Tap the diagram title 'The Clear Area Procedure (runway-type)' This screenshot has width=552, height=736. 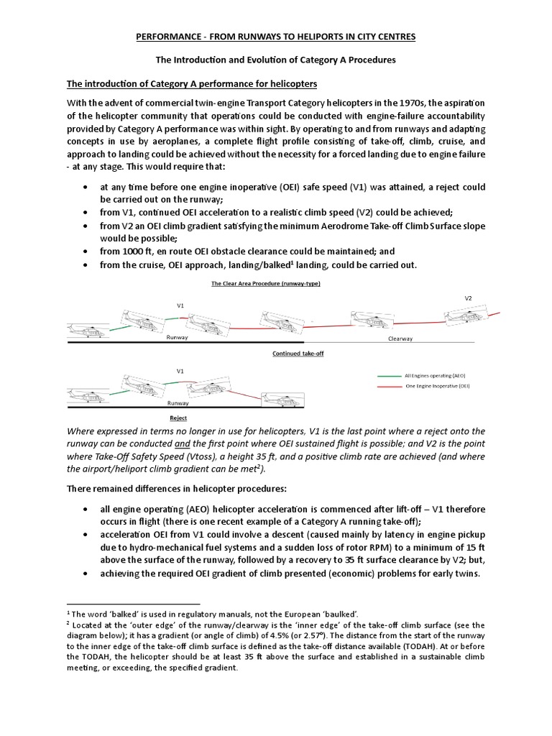click(265, 283)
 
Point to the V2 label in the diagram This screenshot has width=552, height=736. click(468, 297)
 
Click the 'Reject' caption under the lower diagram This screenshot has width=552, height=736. click(178, 416)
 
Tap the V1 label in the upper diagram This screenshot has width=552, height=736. click(181, 305)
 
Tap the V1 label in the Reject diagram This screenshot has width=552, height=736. click(180, 371)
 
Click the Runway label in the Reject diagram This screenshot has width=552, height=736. click(178, 403)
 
